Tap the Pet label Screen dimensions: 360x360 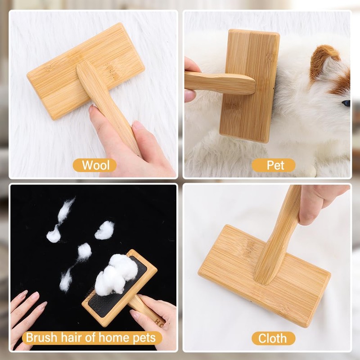[275, 165]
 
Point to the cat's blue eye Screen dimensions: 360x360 [346, 103]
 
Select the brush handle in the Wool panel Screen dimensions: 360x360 [108, 108]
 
